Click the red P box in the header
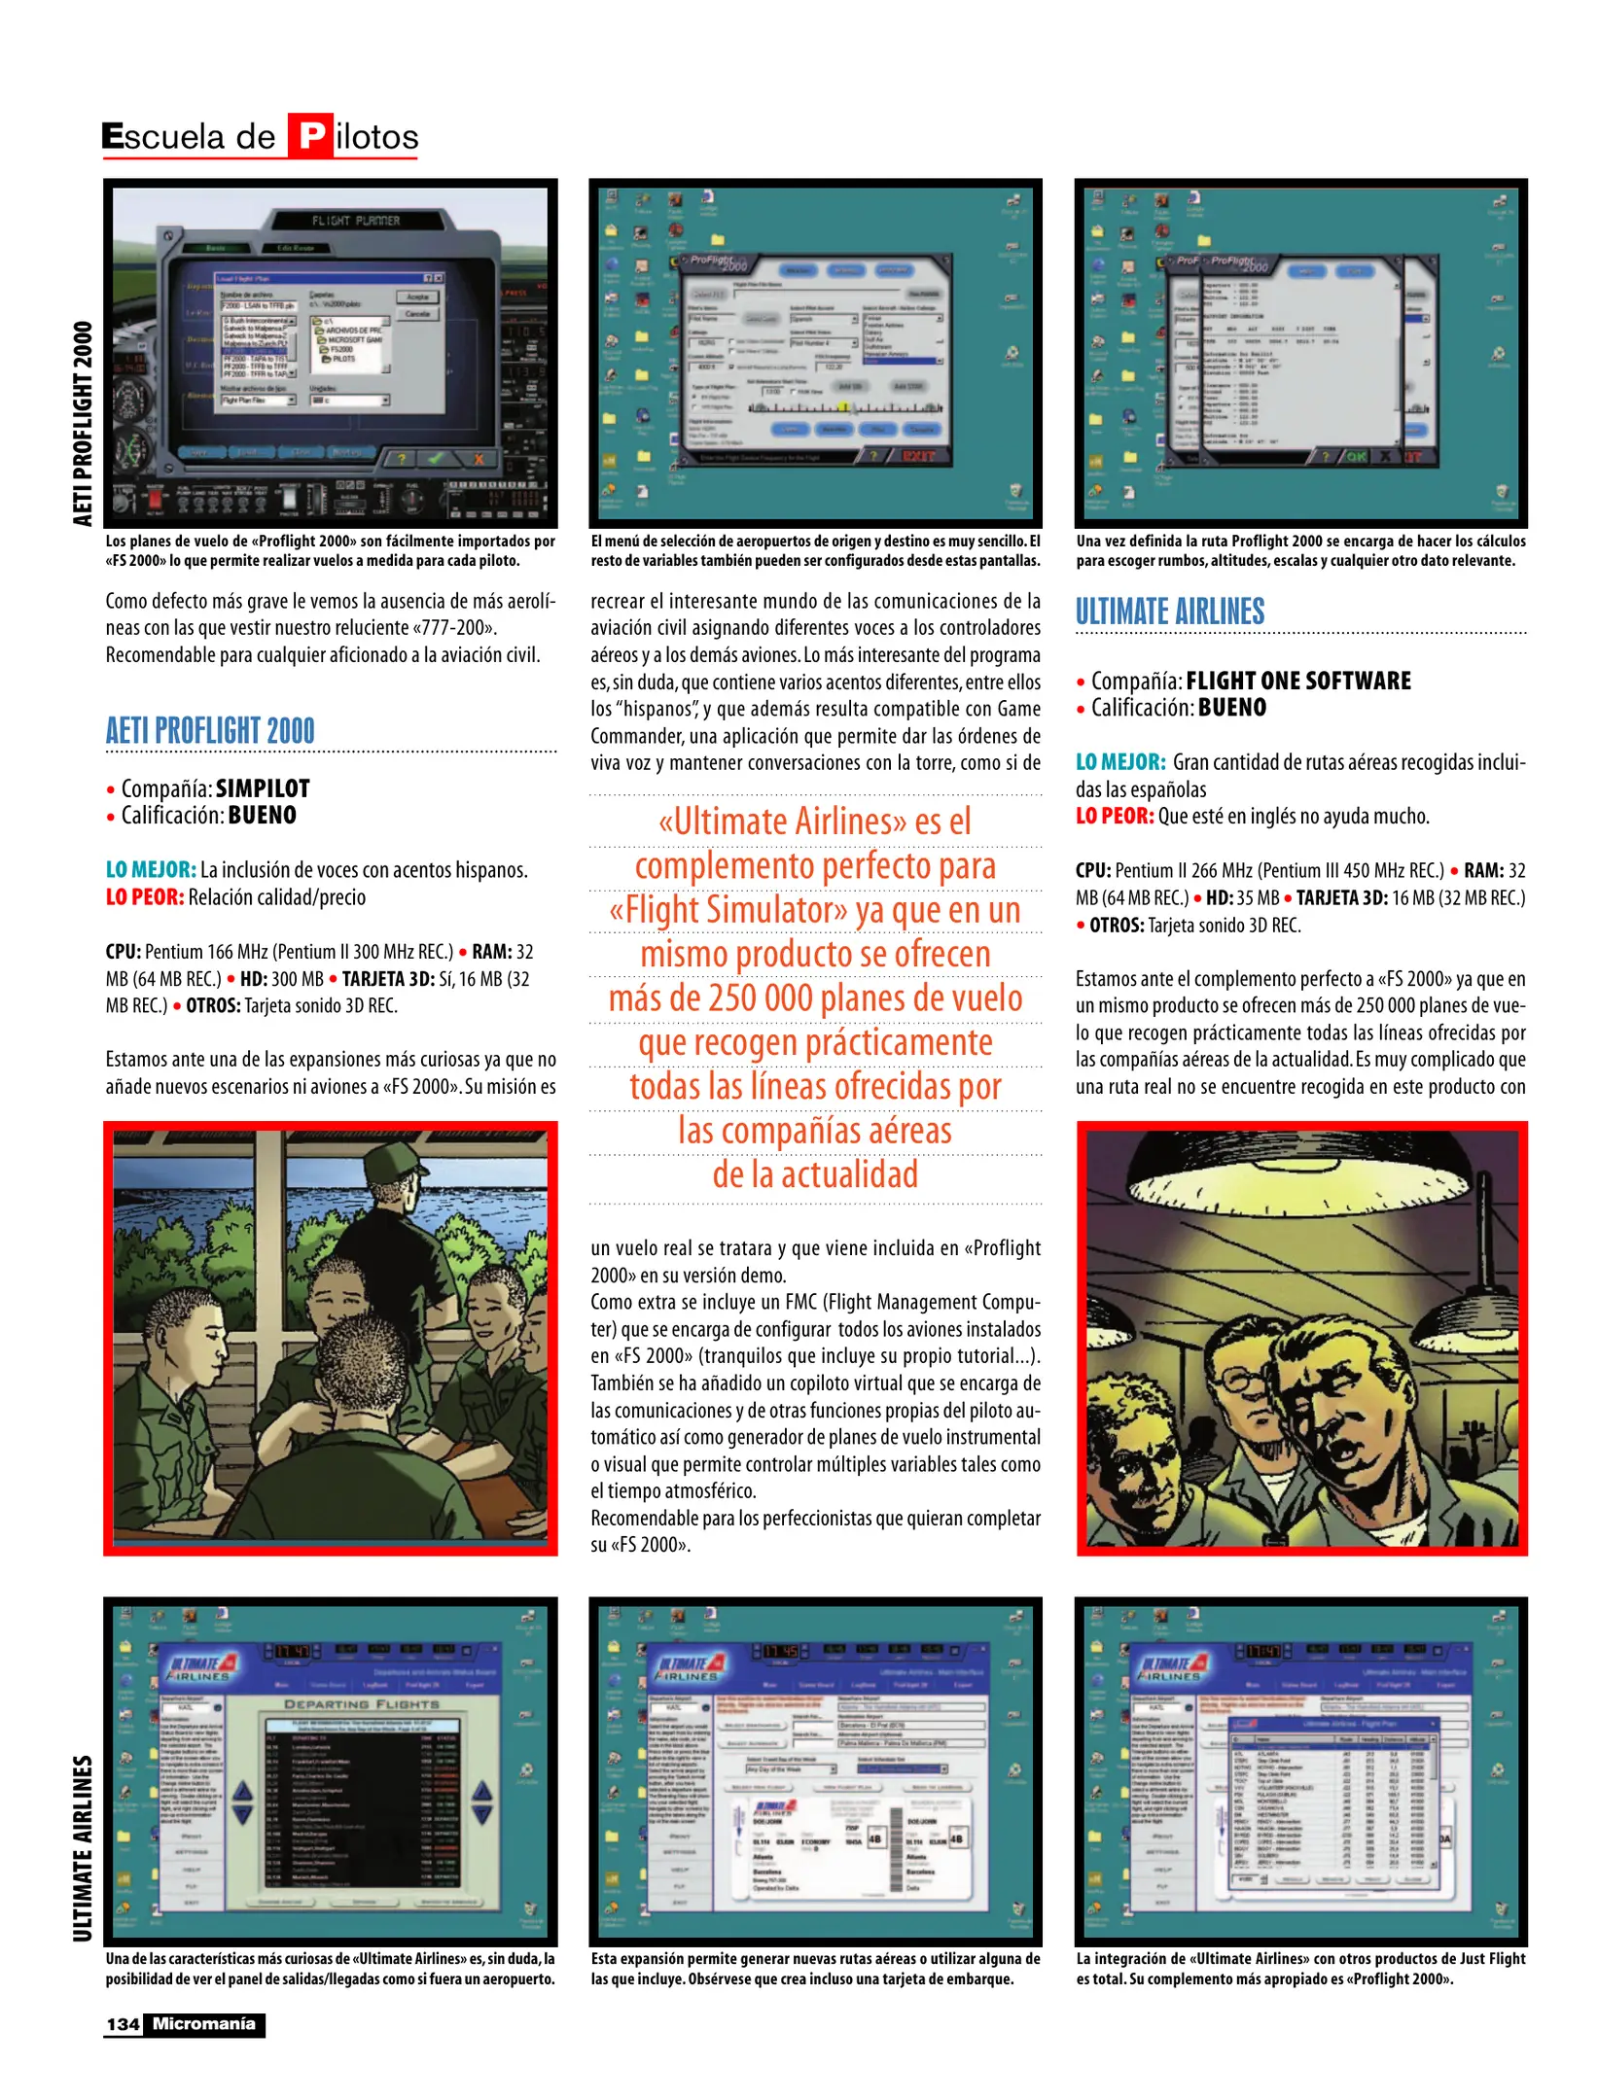pyautogui.click(x=310, y=135)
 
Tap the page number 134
pyautogui.click(x=123, y=2024)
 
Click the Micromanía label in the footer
pyautogui.click(x=203, y=2024)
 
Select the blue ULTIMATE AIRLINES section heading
pyautogui.click(x=1169, y=612)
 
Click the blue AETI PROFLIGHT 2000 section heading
pyautogui.click(x=210, y=730)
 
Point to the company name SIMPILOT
pyautogui.click(x=263, y=788)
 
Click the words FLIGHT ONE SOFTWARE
pyautogui.click(x=1297, y=681)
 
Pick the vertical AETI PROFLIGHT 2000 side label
pyautogui.click(x=83, y=423)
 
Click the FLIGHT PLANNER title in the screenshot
pyautogui.click(x=355, y=221)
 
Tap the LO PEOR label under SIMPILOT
pyautogui.click(x=144, y=896)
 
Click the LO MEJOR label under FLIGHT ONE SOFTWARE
pyautogui.click(x=1119, y=762)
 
